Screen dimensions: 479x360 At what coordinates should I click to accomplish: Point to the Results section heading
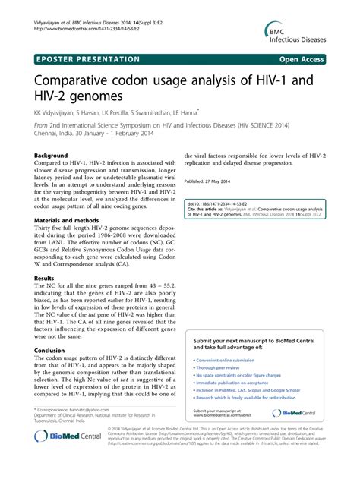44,279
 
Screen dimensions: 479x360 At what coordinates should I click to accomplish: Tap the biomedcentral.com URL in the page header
88,17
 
